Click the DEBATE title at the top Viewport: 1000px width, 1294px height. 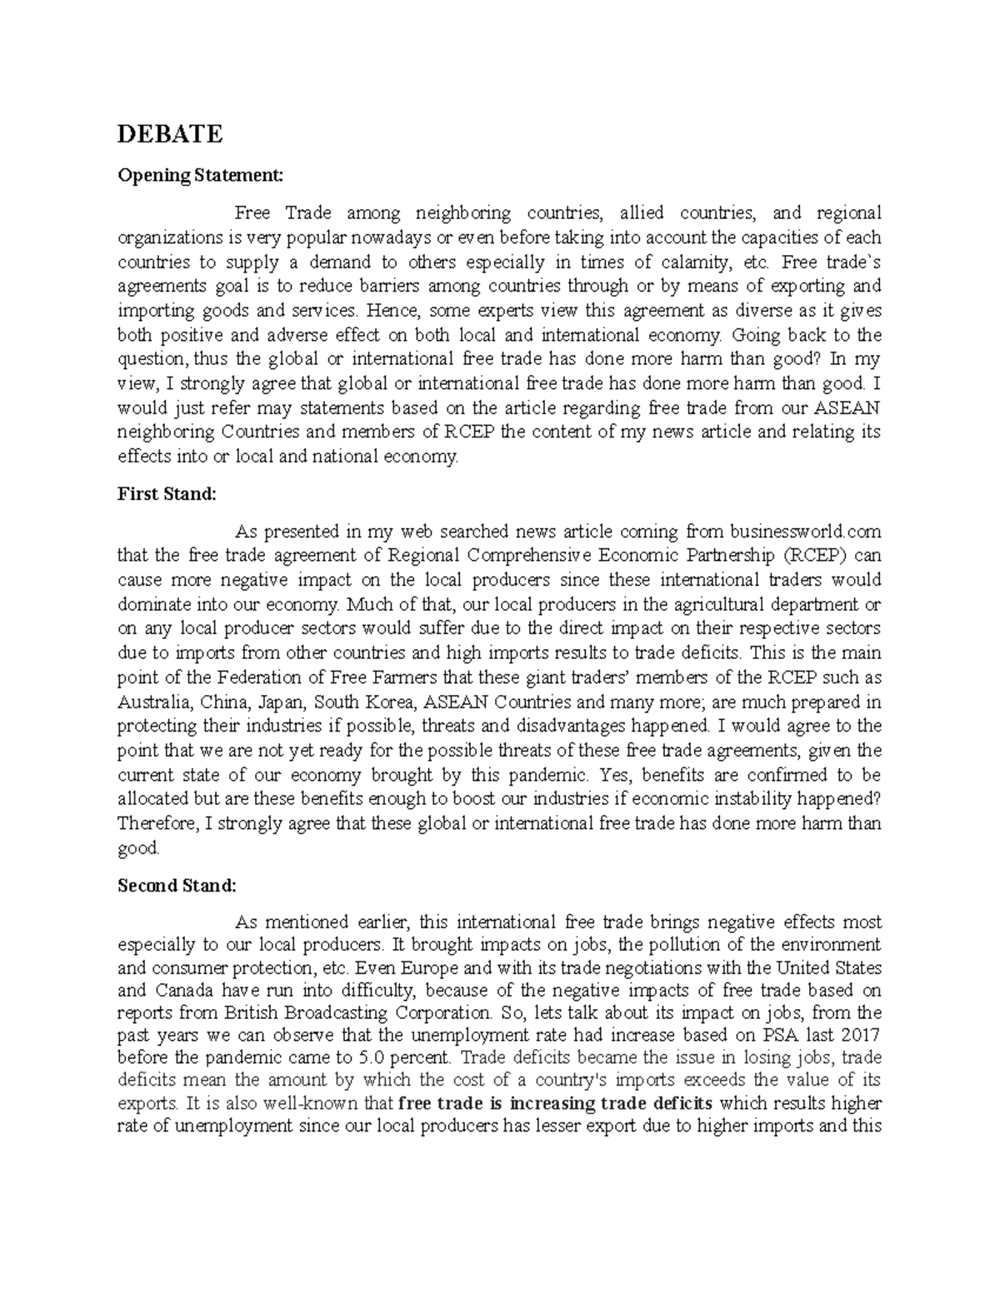[x=170, y=133]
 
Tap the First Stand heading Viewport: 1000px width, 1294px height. [x=167, y=494]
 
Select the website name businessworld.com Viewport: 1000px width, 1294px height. [x=805, y=532]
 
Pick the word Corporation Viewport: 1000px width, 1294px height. [x=445, y=1014]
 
